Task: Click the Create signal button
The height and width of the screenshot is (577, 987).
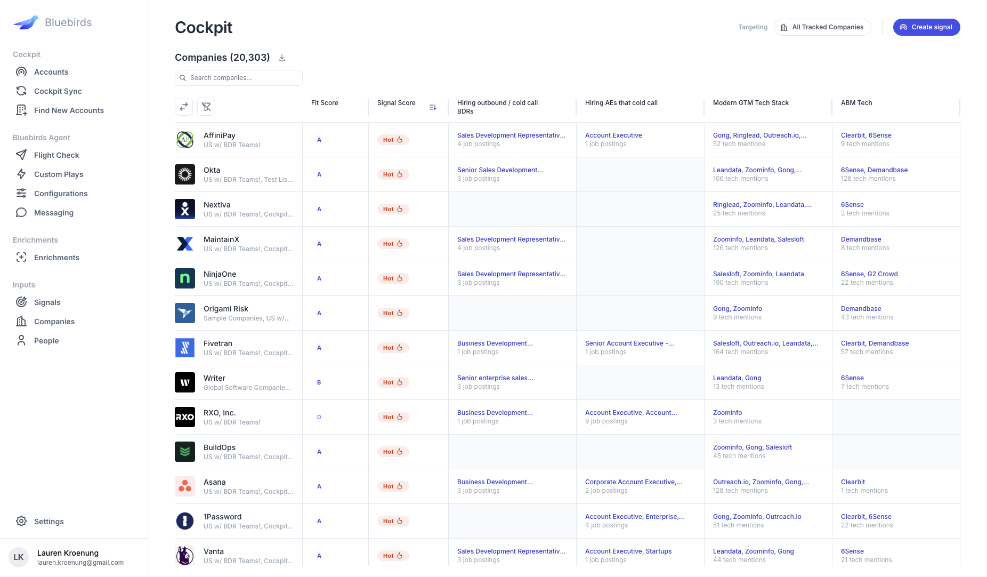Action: tap(926, 27)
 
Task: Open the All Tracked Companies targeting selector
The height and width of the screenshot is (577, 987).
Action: tap(822, 27)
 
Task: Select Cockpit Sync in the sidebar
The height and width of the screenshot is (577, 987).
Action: tap(58, 91)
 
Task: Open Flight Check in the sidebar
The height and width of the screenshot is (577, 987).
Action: tap(56, 155)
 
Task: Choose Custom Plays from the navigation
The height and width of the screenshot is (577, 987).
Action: tap(58, 174)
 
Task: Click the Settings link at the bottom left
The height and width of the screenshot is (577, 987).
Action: tap(48, 522)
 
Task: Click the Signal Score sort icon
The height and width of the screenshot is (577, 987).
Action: tap(433, 107)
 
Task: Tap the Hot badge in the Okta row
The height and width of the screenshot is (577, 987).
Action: tap(393, 174)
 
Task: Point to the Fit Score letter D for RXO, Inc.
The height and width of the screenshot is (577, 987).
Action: tap(319, 417)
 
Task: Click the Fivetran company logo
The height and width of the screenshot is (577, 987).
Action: tap(185, 348)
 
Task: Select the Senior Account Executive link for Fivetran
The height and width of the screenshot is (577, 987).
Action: tap(629, 343)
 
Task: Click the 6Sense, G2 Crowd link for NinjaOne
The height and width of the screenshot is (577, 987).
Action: tap(869, 274)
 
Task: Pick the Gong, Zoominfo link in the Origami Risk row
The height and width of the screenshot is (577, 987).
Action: tap(737, 309)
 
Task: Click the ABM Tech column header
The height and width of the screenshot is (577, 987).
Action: tap(856, 103)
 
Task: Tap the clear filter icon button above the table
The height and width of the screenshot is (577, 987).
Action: tap(206, 107)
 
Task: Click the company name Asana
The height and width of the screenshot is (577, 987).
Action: tap(214, 482)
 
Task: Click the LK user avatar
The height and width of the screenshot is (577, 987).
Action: tap(19, 557)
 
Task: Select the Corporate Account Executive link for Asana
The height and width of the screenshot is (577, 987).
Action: tap(633, 482)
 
